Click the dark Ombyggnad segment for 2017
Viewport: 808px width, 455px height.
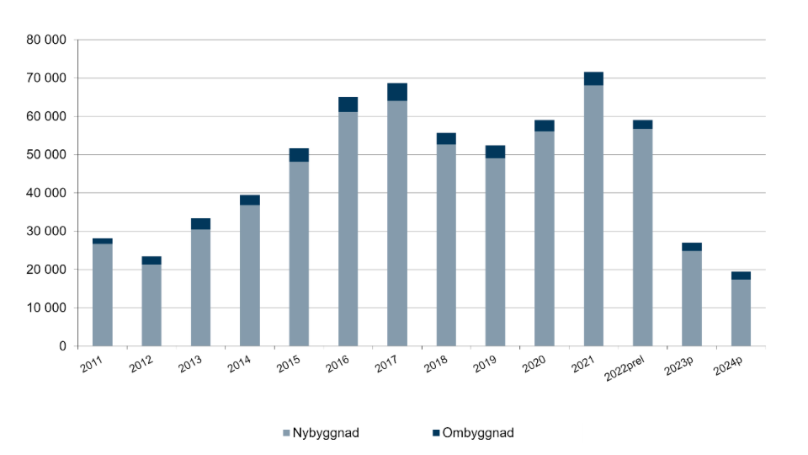click(x=396, y=92)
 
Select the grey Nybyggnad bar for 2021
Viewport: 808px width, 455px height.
click(x=593, y=216)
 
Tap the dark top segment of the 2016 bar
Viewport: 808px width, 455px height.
click(x=348, y=104)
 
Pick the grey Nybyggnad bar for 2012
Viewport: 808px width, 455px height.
click(x=151, y=305)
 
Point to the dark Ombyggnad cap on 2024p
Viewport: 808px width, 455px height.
click(x=741, y=276)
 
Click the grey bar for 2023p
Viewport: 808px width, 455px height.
click(x=692, y=298)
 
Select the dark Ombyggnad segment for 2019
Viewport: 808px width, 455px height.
click(x=495, y=152)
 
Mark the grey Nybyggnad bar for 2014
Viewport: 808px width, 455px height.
click(x=250, y=276)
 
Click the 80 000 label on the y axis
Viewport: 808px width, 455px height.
click(x=46, y=40)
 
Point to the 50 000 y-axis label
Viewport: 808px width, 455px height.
click(x=46, y=155)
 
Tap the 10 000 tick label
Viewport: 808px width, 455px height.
click(x=46, y=308)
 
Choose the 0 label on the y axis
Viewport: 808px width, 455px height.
click(x=62, y=346)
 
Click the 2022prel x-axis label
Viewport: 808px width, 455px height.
click(x=624, y=368)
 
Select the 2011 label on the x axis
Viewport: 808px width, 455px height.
click(x=91, y=364)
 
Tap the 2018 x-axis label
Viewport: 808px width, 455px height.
click(x=435, y=364)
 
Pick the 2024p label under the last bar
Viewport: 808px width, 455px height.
click(x=727, y=366)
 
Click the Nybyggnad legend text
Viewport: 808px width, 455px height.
click(x=326, y=433)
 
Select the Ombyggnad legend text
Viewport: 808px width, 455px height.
click(x=478, y=433)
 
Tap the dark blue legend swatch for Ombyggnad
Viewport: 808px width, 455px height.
click(x=436, y=433)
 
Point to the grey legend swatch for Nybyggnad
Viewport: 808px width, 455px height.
click(x=286, y=433)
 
